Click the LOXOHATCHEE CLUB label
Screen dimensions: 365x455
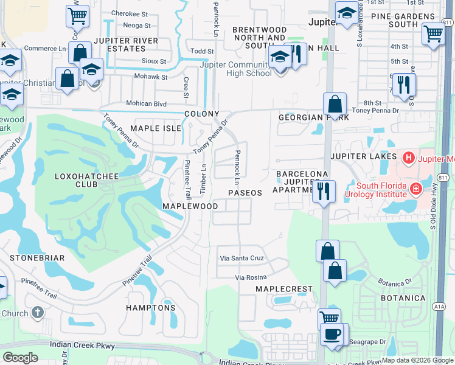pyautogui.click(x=82, y=181)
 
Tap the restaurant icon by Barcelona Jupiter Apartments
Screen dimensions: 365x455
pyautogui.click(x=323, y=192)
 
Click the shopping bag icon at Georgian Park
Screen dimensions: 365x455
pyautogui.click(x=335, y=104)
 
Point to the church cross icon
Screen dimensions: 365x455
pyautogui.click(x=37, y=313)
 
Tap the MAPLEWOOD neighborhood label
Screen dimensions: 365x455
pyautogui.click(x=190, y=206)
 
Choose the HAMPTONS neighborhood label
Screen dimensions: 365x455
pyautogui.click(x=151, y=308)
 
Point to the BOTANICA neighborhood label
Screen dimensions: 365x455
pyautogui.click(x=403, y=298)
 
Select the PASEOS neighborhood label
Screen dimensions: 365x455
pyautogui.click(x=245, y=193)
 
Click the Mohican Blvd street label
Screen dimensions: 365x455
pyautogui.click(x=146, y=104)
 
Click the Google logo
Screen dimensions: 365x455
pyautogui.click(x=20, y=358)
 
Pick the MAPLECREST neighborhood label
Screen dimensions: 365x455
pyautogui.click(x=284, y=289)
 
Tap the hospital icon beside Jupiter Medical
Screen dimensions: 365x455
pyautogui.click(x=408, y=158)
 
